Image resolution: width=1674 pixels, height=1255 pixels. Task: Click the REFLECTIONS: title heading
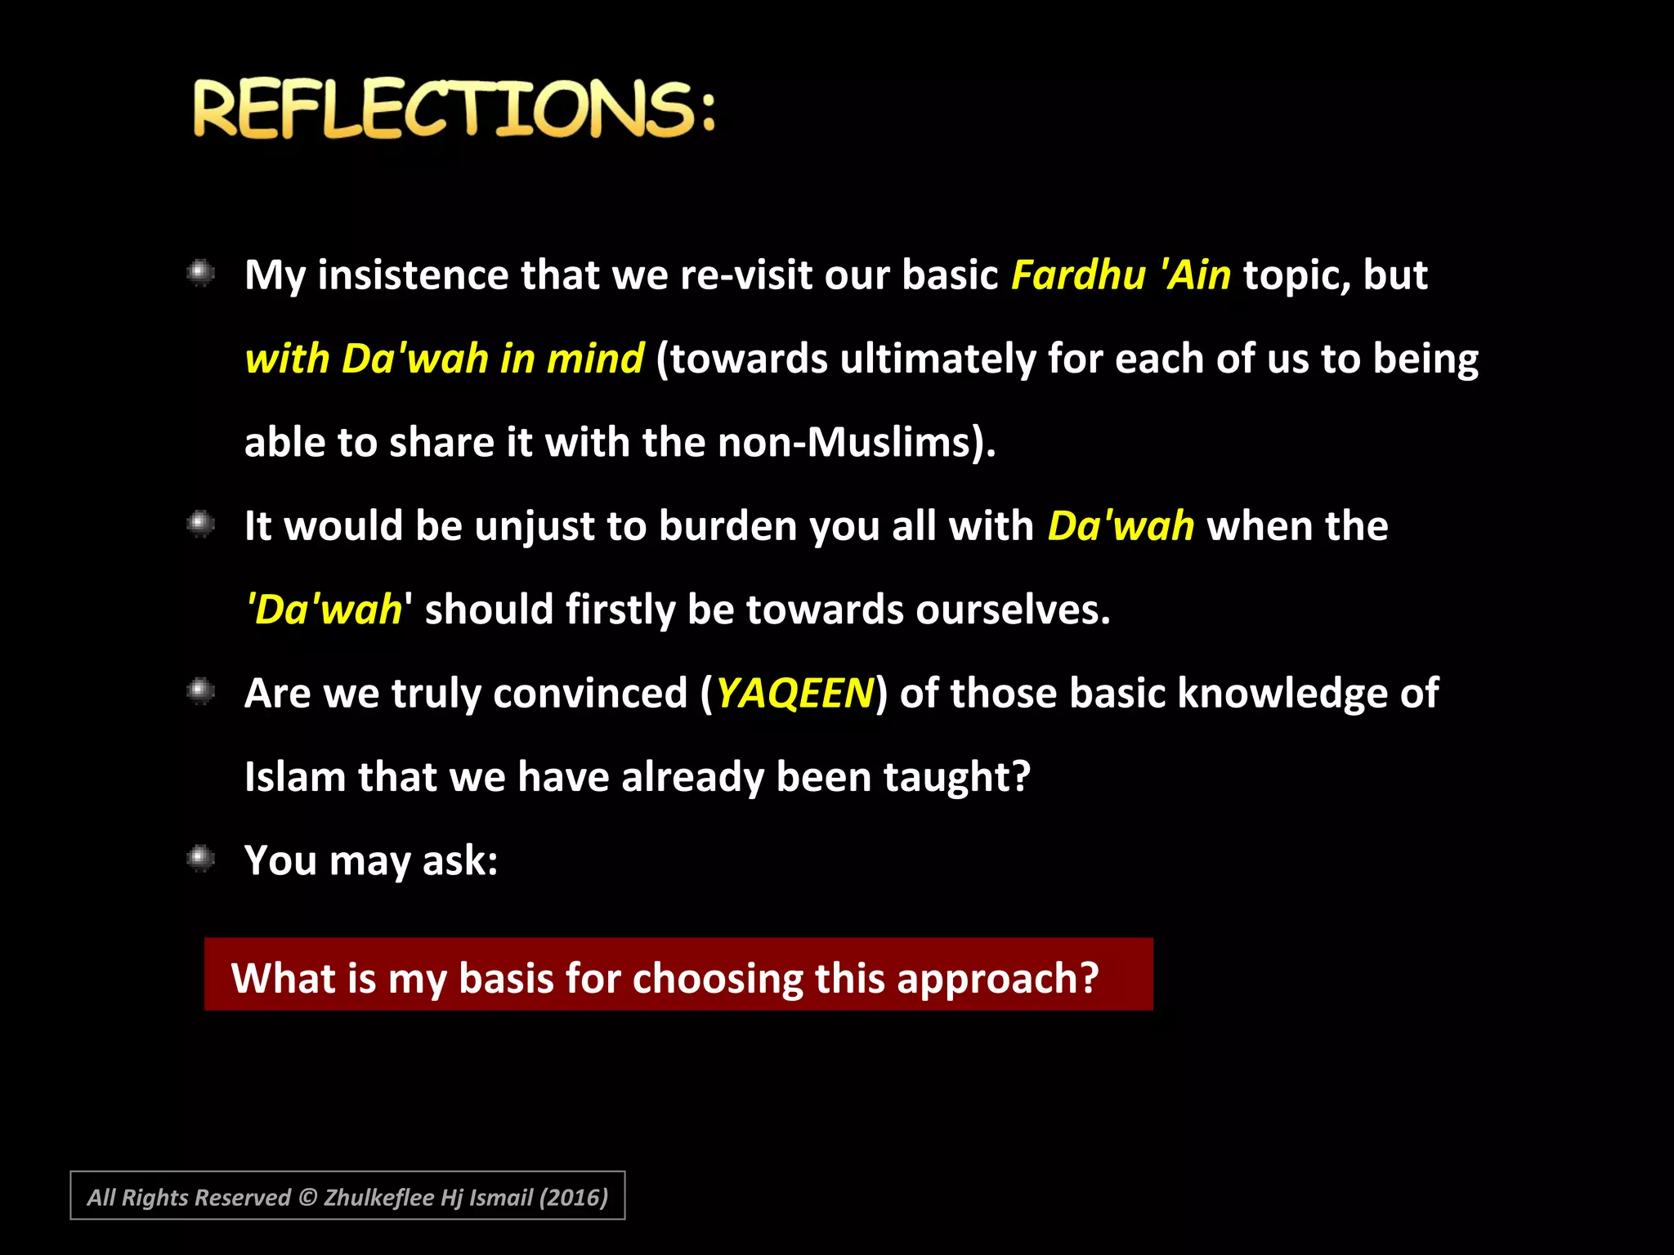(454, 109)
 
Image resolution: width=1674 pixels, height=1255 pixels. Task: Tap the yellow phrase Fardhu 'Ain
(1121, 275)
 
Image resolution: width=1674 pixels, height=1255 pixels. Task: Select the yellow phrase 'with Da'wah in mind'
(445, 360)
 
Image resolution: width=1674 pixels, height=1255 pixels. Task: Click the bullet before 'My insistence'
(200, 273)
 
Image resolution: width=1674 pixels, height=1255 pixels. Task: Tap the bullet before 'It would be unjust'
(200, 524)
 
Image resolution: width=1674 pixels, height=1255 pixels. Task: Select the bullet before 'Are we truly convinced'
(200, 692)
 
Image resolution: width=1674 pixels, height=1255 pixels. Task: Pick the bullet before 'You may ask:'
(200, 859)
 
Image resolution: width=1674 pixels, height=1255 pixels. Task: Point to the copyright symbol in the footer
(307, 1198)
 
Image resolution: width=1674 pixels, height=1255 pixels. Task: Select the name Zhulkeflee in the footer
(378, 1198)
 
